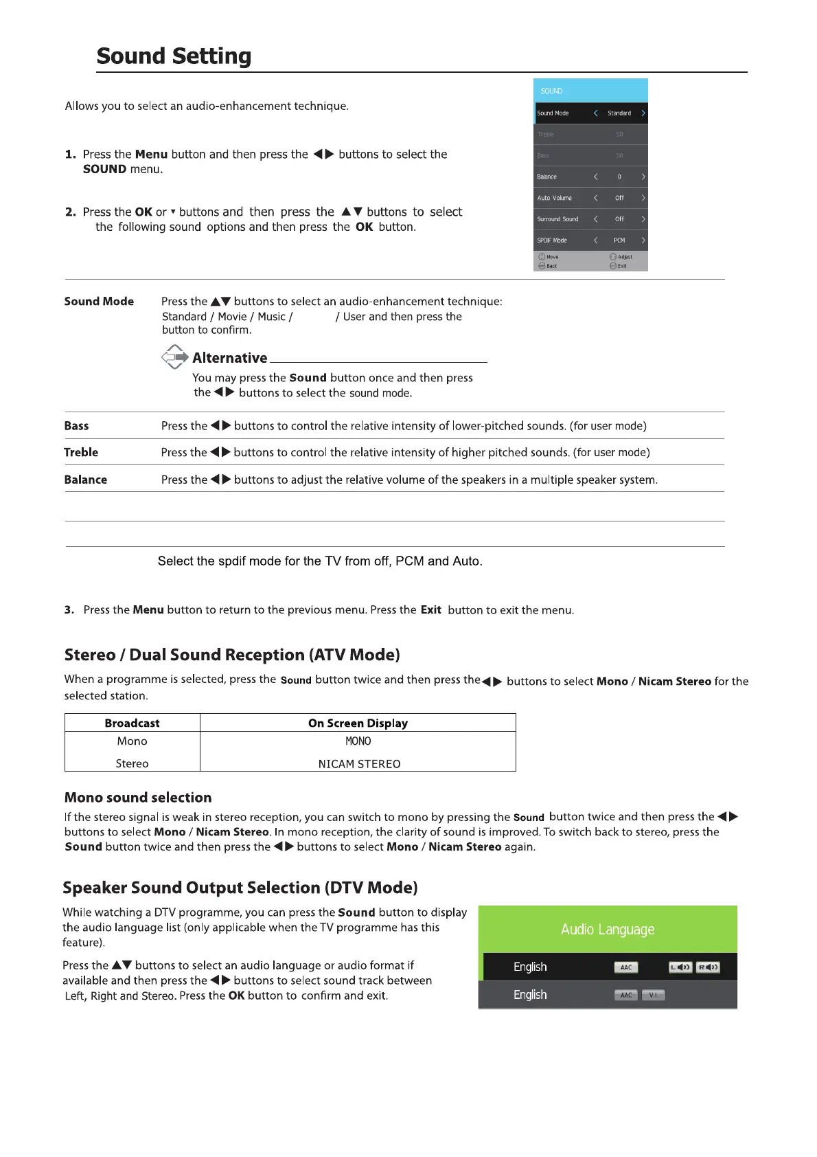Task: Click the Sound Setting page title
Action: (174, 56)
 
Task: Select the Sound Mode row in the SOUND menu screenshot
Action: (590, 113)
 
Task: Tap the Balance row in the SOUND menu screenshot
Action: (590, 177)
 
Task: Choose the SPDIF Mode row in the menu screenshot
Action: (590, 240)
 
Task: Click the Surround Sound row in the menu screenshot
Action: (590, 219)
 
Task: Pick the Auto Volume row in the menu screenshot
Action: (590, 198)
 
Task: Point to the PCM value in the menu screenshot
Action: (619, 240)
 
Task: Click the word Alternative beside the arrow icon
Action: (229, 358)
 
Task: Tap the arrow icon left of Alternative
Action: (175, 357)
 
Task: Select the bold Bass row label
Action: (76, 426)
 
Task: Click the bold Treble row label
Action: (81, 452)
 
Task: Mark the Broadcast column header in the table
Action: (132, 723)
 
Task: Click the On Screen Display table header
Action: (358, 723)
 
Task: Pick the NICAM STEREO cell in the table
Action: (359, 764)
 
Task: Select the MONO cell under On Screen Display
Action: (358, 741)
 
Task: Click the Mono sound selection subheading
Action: (138, 798)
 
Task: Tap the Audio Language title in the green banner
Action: (608, 930)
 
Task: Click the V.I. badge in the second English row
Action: (653, 995)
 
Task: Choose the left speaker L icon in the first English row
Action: (680, 967)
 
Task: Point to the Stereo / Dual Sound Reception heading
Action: (232, 655)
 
